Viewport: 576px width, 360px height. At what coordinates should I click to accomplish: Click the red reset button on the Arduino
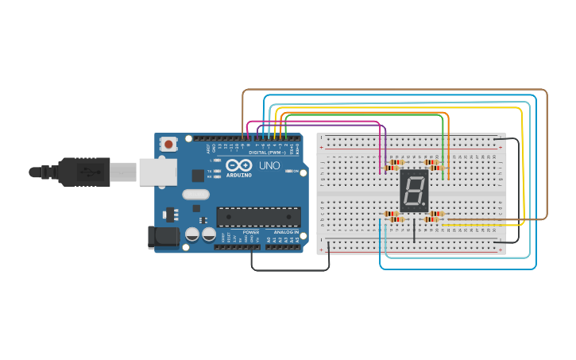click(169, 145)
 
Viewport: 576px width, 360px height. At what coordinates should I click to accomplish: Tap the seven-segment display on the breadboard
click(414, 191)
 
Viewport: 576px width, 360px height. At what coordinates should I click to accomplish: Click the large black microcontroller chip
click(258, 216)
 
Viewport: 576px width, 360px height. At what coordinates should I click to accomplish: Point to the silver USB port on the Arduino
click(157, 172)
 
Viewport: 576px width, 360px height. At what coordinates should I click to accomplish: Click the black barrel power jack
click(164, 236)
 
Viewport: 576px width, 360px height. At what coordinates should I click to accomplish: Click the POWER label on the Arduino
click(251, 232)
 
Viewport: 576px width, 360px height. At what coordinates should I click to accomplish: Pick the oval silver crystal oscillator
click(195, 194)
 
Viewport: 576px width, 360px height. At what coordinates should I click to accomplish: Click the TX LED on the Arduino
click(218, 171)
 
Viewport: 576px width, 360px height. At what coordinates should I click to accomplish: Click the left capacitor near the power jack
click(192, 234)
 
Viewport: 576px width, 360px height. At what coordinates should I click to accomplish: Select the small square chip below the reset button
click(197, 176)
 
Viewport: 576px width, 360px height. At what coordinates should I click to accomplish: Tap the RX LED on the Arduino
click(218, 176)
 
